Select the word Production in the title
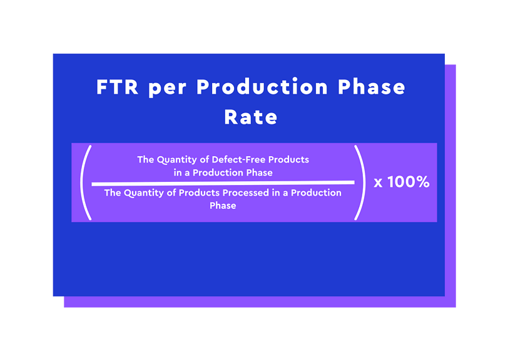coord(262,87)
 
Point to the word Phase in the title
coord(372,87)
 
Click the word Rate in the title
coord(251,117)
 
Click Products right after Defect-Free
coord(288,160)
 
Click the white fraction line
coord(223,182)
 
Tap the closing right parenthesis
coord(360,182)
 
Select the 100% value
coord(408,182)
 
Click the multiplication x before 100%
coord(378,183)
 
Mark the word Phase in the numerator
coord(259,172)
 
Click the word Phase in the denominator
coord(223,206)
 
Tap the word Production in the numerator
coord(218,172)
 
